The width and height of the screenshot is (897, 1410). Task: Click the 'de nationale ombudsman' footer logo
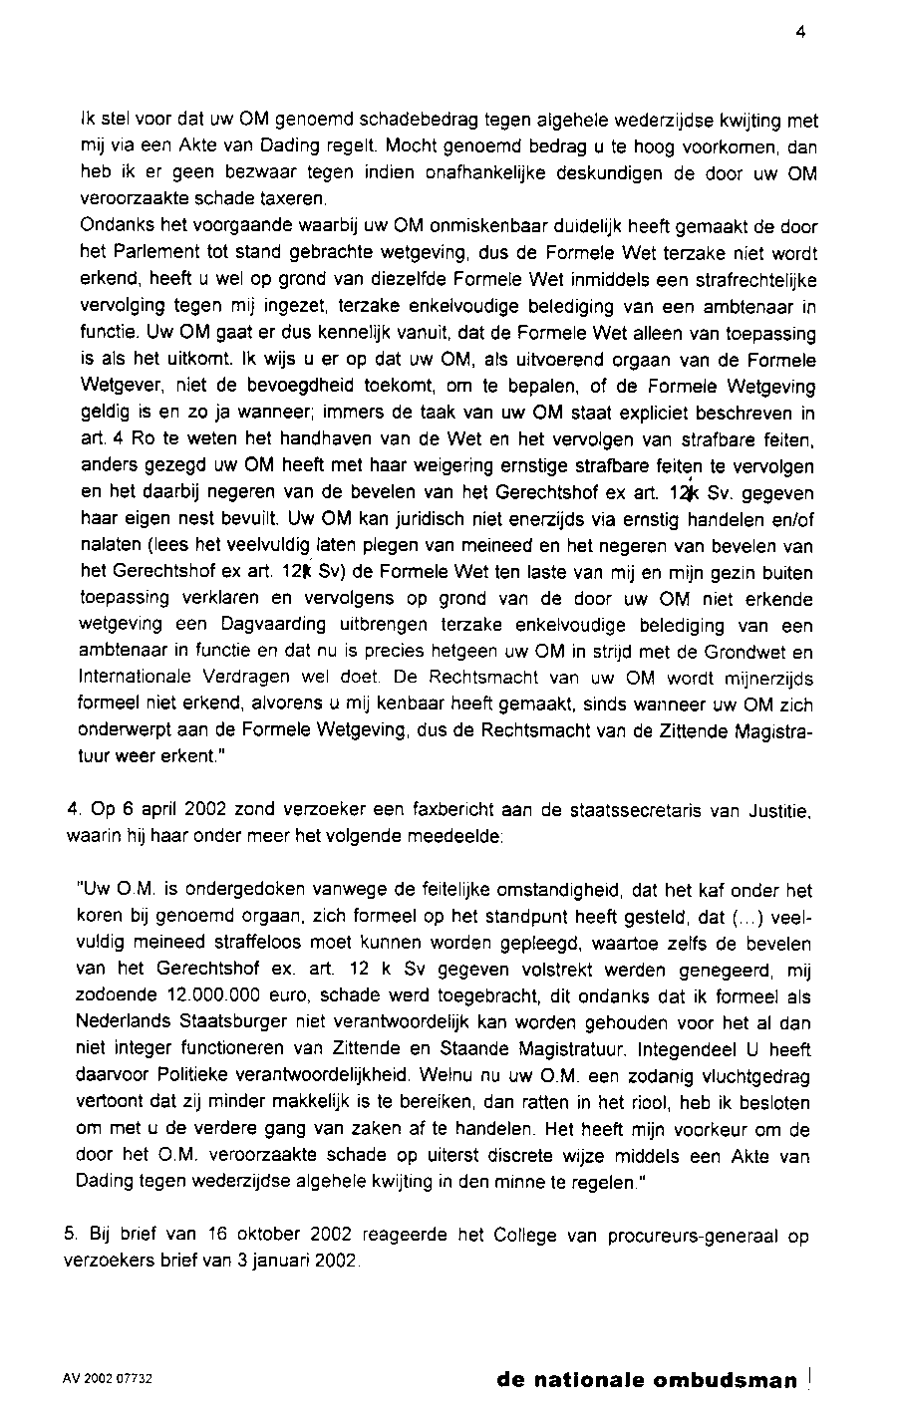tap(647, 1381)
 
